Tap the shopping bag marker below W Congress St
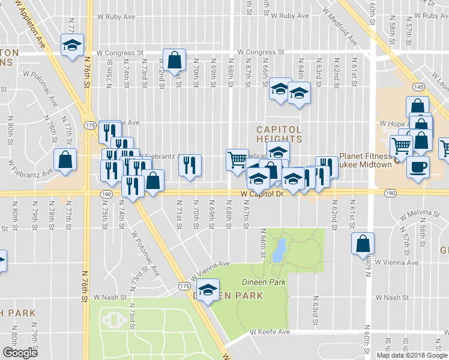click(x=174, y=60)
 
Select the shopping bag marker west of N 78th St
click(x=65, y=160)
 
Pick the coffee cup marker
click(x=418, y=167)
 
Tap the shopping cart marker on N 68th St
click(x=237, y=160)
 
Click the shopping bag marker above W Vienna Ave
click(x=363, y=244)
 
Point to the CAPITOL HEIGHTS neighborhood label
click(x=278, y=134)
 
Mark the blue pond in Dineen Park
click(x=278, y=251)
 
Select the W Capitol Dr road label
click(x=262, y=194)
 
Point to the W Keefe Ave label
click(x=270, y=331)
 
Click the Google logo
click(x=20, y=352)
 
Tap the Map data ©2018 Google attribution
click(x=412, y=355)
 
